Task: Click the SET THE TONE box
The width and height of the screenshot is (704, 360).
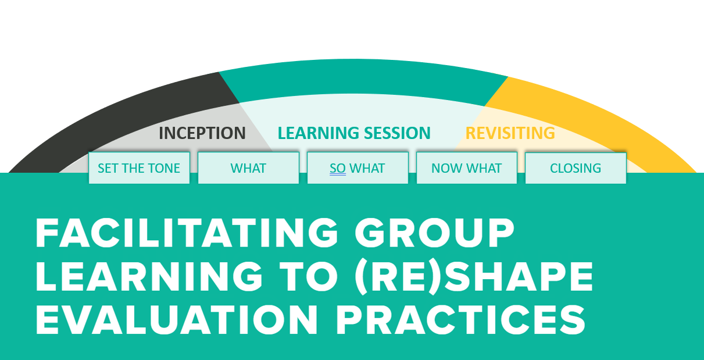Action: pos(139,168)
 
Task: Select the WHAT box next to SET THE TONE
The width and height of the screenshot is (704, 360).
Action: pos(248,168)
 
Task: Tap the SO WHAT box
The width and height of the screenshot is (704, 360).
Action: pos(358,168)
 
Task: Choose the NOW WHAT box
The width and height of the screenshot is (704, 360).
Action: pos(467,168)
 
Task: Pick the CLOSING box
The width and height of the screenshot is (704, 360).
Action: pos(576,168)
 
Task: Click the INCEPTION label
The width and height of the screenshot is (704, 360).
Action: pos(202,133)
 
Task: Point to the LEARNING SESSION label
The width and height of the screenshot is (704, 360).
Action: pos(354,133)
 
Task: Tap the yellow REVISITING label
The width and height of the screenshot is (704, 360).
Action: pos(510,133)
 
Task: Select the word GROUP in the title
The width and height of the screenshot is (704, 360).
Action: pos(435,233)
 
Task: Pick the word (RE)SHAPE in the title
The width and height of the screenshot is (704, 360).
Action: pos(474,277)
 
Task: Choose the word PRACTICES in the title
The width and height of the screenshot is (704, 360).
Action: pos(461,319)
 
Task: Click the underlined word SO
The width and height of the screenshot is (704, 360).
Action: pos(338,169)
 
